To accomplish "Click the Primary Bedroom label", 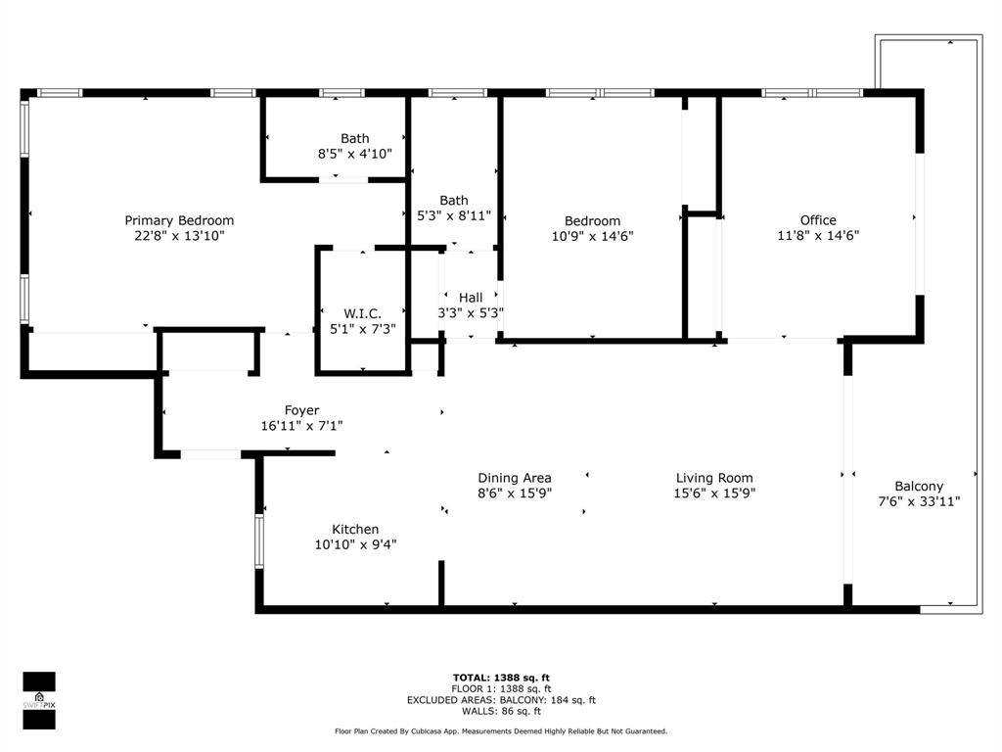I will click(179, 220).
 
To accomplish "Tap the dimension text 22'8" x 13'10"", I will click(179, 236).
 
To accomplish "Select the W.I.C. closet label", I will click(362, 313).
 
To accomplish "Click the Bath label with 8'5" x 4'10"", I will click(355, 138).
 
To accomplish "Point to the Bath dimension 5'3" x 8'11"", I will click(453, 215).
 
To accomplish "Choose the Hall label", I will click(471, 298).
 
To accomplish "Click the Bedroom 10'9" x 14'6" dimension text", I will click(592, 236).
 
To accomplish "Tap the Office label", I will click(818, 220).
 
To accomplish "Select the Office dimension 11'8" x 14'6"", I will click(818, 236).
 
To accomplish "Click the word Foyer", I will click(301, 410).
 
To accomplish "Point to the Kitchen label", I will click(355, 529).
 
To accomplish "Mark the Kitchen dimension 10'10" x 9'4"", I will click(355, 544).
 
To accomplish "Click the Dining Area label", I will click(515, 478).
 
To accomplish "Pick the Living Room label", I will click(715, 478).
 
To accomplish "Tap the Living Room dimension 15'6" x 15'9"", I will click(715, 493).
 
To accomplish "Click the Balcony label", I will click(919, 486).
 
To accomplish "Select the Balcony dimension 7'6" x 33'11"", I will click(919, 501).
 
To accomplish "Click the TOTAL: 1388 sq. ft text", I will click(501, 678).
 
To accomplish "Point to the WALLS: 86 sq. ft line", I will click(501, 711).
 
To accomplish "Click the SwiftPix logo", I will click(39, 700).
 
